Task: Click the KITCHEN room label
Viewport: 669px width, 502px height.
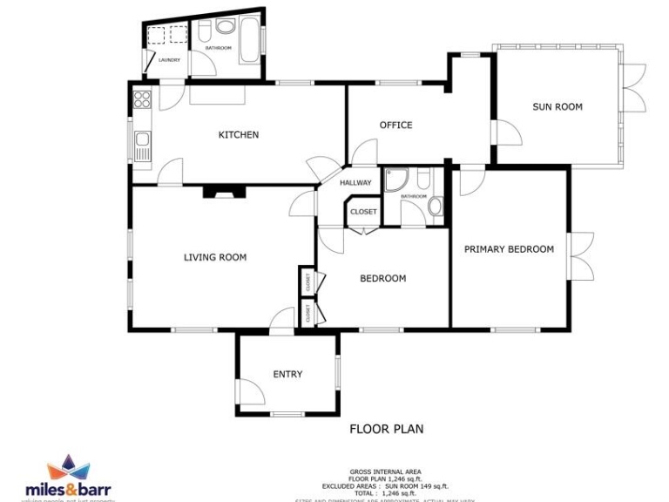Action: (x=238, y=135)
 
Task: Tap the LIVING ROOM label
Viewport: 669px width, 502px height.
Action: (x=214, y=257)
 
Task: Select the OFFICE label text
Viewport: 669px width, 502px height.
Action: (x=395, y=125)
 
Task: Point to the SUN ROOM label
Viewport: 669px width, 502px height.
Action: (x=557, y=107)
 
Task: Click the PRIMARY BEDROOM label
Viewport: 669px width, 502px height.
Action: (x=509, y=249)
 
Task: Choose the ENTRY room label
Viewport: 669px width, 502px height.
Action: (x=287, y=375)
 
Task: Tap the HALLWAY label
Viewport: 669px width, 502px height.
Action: (x=355, y=183)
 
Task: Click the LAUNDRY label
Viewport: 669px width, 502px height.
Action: (x=169, y=60)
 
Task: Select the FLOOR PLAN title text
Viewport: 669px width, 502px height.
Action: (x=386, y=429)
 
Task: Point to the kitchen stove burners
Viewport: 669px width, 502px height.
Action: (x=142, y=99)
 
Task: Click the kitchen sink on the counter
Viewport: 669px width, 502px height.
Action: (x=142, y=144)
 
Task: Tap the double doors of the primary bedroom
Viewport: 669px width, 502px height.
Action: (x=582, y=256)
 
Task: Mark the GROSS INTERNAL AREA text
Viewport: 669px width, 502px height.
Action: (x=385, y=471)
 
